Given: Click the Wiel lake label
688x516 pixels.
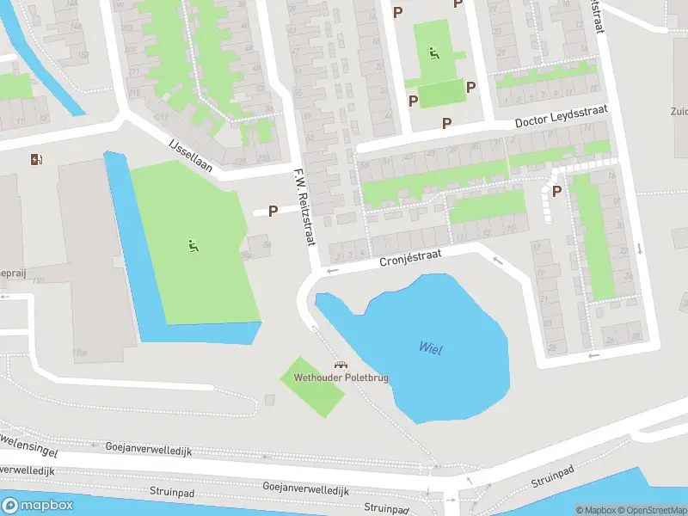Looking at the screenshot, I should [x=430, y=347].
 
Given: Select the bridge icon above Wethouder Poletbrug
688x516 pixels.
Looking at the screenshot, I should [x=341, y=365].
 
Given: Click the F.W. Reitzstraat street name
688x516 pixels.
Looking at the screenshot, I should [x=302, y=206].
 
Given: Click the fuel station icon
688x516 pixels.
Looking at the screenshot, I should [x=35, y=159].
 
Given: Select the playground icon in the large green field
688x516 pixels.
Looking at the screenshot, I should [x=193, y=246].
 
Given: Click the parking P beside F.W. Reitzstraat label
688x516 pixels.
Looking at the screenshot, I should [x=273, y=211].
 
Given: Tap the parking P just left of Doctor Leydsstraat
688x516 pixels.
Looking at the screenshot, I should [x=446, y=123].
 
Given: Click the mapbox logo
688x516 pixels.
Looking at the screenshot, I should [x=36, y=504].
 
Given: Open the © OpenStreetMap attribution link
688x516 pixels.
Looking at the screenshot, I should [x=650, y=510].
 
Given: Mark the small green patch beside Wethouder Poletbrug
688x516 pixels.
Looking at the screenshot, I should [x=312, y=388].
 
